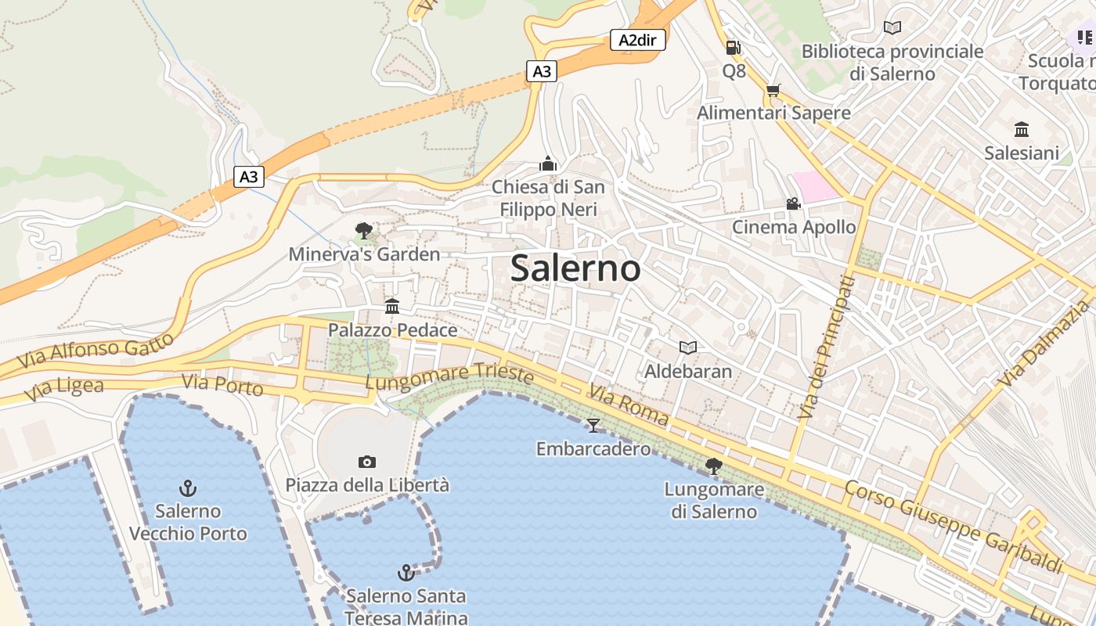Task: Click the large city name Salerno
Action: pyautogui.click(x=575, y=268)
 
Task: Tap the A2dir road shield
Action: pyautogui.click(x=637, y=40)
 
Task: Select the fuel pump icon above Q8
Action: pyautogui.click(x=734, y=48)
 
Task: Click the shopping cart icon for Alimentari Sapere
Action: pyautogui.click(x=773, y=91)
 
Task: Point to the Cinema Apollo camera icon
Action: pyautogui.click(x=793, y=204)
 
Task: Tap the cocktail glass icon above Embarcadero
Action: pyautogui.click(x=593, y=425)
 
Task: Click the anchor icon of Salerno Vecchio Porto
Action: pyautogui.click(x=187, y=489)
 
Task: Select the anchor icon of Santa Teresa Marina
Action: pyautogui.click(x=406, y=573)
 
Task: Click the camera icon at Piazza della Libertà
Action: pyautogui.click(x=366, y=462)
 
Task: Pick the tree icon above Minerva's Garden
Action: pyautogui.click(x=363, y=231)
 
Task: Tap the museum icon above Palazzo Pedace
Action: pyautogui.click(x=392, y=306)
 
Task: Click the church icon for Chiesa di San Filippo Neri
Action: pyautogui.click(x=548, y=164)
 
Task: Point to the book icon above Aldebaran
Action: pyautogui.click(x=688, y=347)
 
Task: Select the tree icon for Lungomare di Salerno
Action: pyautogui.click(x=713, y=466)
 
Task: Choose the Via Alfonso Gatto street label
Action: pyautogui.click(x=95, y=352)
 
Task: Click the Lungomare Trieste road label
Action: pyautogui.click(x=449, y=376)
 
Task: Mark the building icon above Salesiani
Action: pyautogui.click(x=1022, y=129)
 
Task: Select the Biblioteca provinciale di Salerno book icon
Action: pyautogui.click(x=892, y=28)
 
